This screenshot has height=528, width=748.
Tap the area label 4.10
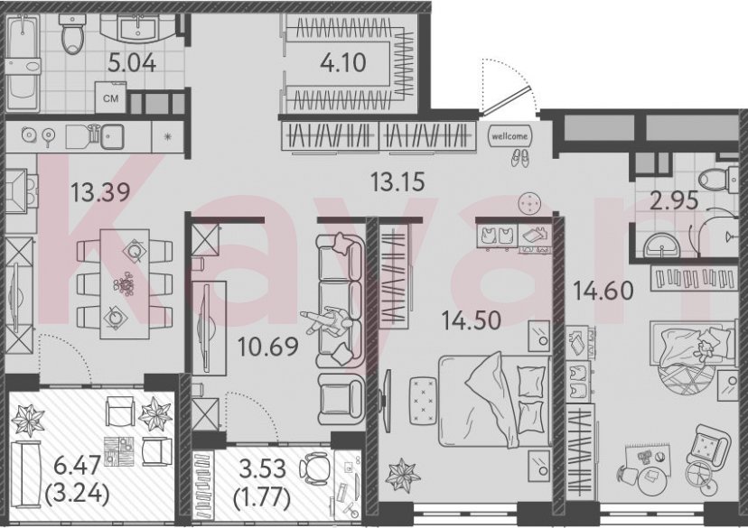pos(341,64)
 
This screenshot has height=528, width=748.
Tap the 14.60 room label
pos(603,291)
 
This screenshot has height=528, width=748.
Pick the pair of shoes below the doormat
pos(519,157)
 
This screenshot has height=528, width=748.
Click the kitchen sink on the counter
pos(112,136)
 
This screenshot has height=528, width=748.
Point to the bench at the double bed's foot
pos(419,397)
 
